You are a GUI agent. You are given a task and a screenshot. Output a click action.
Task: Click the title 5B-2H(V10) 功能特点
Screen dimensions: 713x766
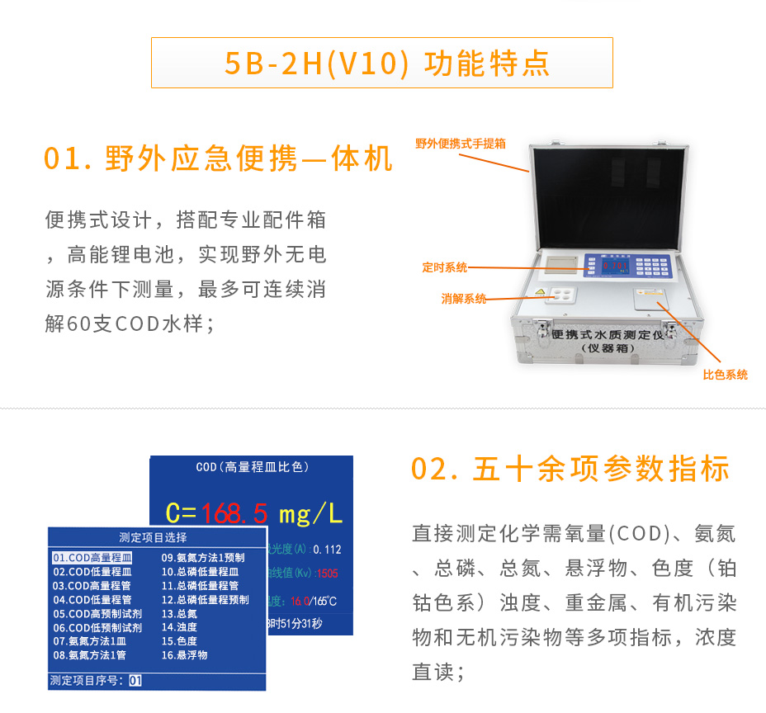point(381,64)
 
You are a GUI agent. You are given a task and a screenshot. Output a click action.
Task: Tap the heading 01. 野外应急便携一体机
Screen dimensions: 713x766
point(218,158)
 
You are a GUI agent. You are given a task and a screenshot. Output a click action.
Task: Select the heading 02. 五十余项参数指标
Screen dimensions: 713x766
point(570,469)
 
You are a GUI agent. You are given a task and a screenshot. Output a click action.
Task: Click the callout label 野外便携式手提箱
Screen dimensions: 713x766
point(460,144)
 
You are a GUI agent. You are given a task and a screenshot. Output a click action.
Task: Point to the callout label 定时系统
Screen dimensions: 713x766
point(444,267)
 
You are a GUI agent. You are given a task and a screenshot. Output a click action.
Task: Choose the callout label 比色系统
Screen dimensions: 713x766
point(725,375)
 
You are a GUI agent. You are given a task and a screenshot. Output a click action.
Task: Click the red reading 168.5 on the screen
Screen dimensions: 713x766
point(234,513)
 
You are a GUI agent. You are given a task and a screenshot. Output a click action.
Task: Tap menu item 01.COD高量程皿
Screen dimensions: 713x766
point(92,558)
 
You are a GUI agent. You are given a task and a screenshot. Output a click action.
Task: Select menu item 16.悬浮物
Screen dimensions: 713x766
point(184,655)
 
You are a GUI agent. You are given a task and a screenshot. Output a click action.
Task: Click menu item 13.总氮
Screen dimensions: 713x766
point(179,614)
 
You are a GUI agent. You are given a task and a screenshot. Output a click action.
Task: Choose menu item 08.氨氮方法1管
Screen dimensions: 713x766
point(89,655)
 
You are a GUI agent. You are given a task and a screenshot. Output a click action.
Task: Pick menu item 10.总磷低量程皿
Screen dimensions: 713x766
point(200,571)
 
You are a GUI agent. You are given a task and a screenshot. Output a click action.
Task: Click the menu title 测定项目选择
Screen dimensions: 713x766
point(153,537)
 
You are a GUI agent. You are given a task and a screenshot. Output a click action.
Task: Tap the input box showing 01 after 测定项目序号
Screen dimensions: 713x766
point(135,681)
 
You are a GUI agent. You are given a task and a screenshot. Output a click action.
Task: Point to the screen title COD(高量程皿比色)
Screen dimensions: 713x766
point(252,467)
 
